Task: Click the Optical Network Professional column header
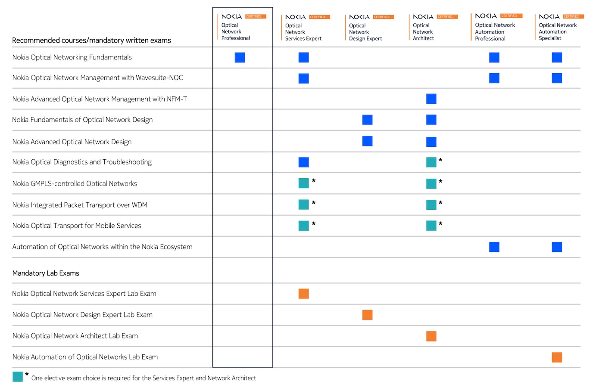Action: pyautogui.click(x=236, y=31)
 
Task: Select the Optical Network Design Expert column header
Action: pyautogui.click(x=365, y=32)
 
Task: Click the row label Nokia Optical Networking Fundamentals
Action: pyautogui.click(x=72, y=57)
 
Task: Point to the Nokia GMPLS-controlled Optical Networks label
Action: pyautogui.click(x=75, y=183)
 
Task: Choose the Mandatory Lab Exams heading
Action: pyautogui.click(x=46, y=273)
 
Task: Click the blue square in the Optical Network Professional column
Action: pyautogui.click(x=240, y=57)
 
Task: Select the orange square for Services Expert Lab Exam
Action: pyautogui.click(x=303, y=294)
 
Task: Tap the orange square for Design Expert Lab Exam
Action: pyautogui.click(x=367, y=315)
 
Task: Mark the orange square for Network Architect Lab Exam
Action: pyautogui.click(x=431, y=336)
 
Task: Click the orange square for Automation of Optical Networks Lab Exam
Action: pyautogui.click(x=557, y=357)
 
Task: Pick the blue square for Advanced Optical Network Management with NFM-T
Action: pyautogui.click(x=431, y=99)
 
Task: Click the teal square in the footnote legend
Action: pyautogui.click(x=18, y=376)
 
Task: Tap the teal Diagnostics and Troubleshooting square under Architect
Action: pyautogui.click(x=431, y=162)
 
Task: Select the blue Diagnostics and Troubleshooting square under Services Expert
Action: pyautogui.click(x=303, y=162)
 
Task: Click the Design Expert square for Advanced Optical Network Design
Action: pyautogui.click(x=367, y=141)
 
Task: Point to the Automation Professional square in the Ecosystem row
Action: pyautogui.click(x=494, y=247)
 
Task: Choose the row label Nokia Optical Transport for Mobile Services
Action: pyautogui.click(x=77, y=226)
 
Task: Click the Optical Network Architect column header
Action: pyautogui.click(x=423, y=32)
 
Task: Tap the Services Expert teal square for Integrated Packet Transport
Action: pyautogui.click(x=303, y=205)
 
